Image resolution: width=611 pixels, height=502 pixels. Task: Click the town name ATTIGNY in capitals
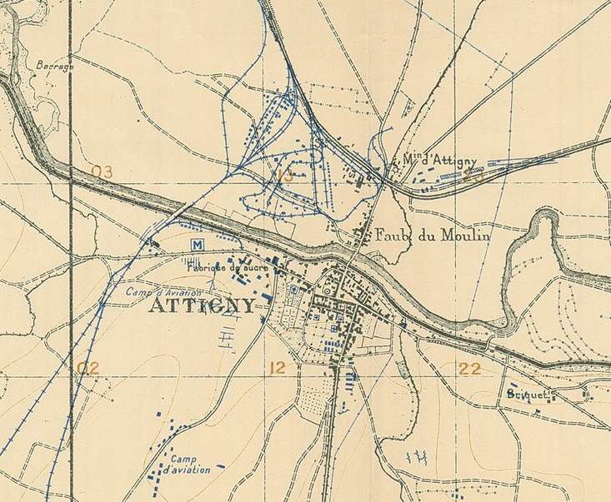pyautogui.click(x=202, y=306)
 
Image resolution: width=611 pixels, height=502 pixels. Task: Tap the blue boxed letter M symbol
pyautogui.click(x=198, y=244)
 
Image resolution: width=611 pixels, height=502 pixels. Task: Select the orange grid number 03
pyautogui.click(x=102, y=172)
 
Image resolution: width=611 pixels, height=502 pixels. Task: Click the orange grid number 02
pyautogui.click(x=88, y=367)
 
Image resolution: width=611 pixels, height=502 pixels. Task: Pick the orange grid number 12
pyautogui.click(x=278, y=367)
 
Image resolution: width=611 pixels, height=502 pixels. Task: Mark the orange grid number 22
pyautogui.click(x=469, y=368)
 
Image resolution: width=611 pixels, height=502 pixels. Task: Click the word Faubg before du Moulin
pyautogui.click(x=395, y=236)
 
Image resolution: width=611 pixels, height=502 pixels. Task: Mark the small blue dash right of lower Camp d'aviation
pyautogui.click(x=220, y=466)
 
